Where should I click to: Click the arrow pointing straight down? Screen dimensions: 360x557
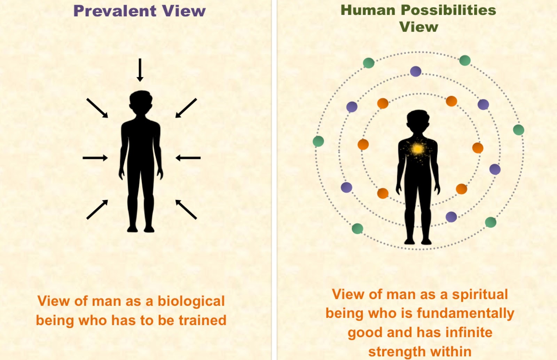[140, 70]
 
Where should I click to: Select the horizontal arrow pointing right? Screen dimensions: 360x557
[95, 158]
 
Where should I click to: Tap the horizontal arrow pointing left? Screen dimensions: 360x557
[188, 158]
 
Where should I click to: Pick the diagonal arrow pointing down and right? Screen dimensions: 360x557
[97, 108]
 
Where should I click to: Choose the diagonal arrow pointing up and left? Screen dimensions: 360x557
[186, 209]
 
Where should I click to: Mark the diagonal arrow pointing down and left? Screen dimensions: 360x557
[186, 108]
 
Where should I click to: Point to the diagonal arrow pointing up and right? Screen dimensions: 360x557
[97, 209]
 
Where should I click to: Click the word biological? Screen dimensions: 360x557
[191, 302]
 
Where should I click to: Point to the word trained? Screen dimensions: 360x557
[202, 320]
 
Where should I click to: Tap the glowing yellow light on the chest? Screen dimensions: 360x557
[417, 149]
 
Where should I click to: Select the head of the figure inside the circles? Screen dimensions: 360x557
[418, 121]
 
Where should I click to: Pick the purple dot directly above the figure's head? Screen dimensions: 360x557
[416, 71]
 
